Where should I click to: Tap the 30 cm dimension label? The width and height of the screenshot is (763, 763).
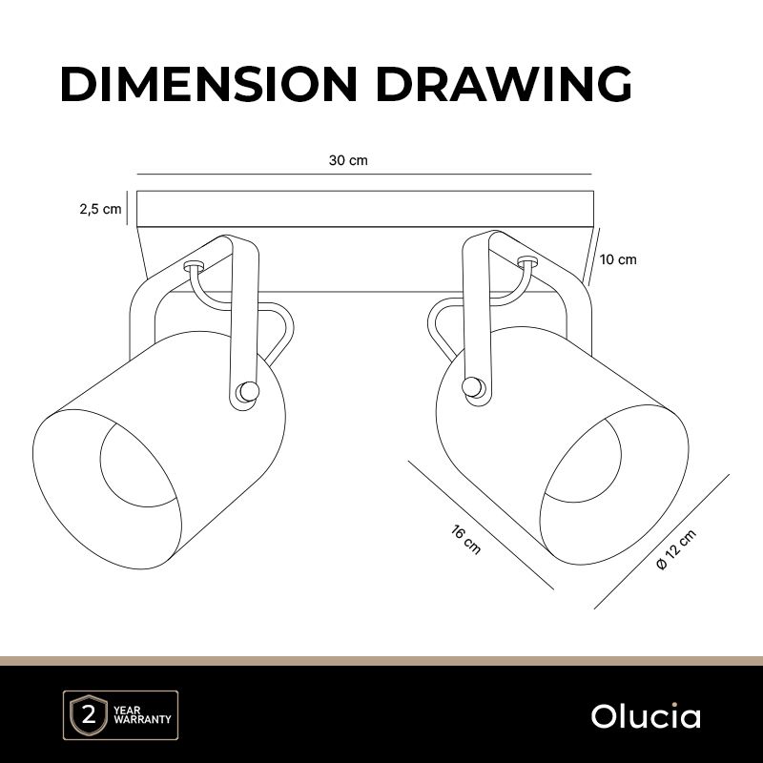(348, 160)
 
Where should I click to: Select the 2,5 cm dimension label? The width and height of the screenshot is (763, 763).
(100, 210)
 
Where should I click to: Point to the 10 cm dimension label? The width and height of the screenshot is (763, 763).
(618, 259)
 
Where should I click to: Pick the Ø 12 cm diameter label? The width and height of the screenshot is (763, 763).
(676, 551)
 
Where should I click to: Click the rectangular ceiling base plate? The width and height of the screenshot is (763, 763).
(364, 209)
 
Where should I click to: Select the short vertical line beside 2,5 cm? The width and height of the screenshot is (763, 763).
(128, 209)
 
